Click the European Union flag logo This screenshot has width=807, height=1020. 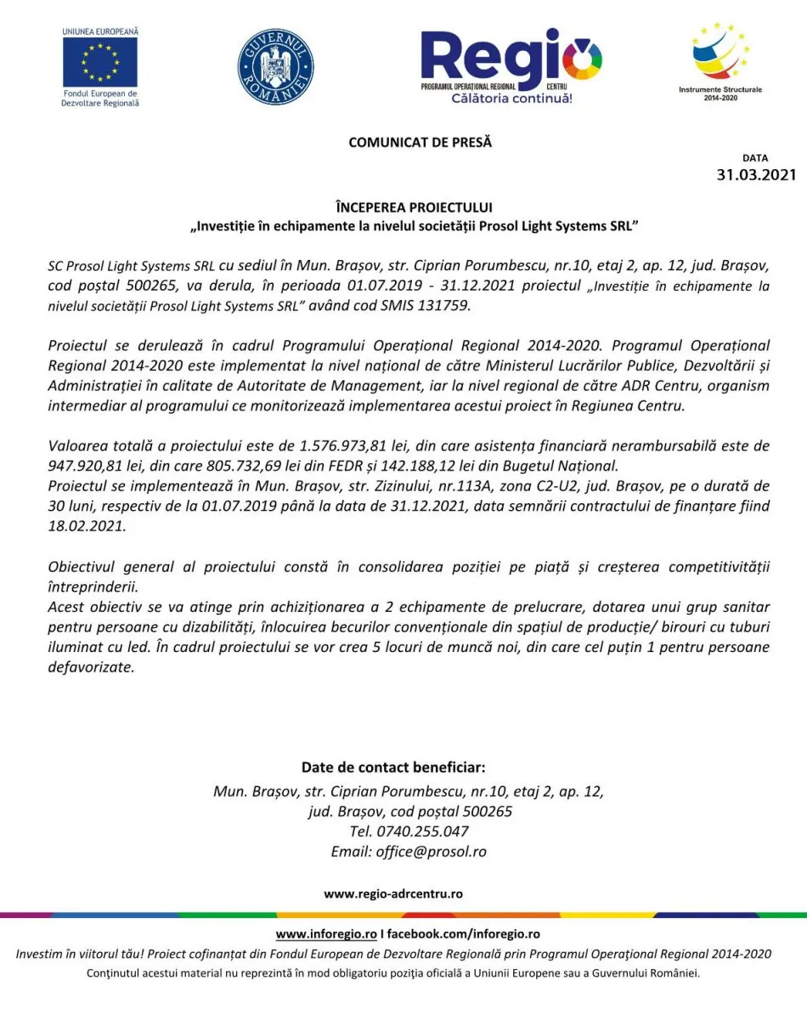(100, 61)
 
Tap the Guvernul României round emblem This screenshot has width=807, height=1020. (275, 67)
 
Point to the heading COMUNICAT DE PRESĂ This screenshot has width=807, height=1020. (420, 143)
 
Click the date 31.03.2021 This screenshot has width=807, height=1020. (756, 175)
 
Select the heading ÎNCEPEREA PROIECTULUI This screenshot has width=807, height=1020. (414, 207)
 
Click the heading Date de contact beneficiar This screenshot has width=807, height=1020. (393, 767)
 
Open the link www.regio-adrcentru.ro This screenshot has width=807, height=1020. (393, 894)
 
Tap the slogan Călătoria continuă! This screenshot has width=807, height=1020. (511, 99)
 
